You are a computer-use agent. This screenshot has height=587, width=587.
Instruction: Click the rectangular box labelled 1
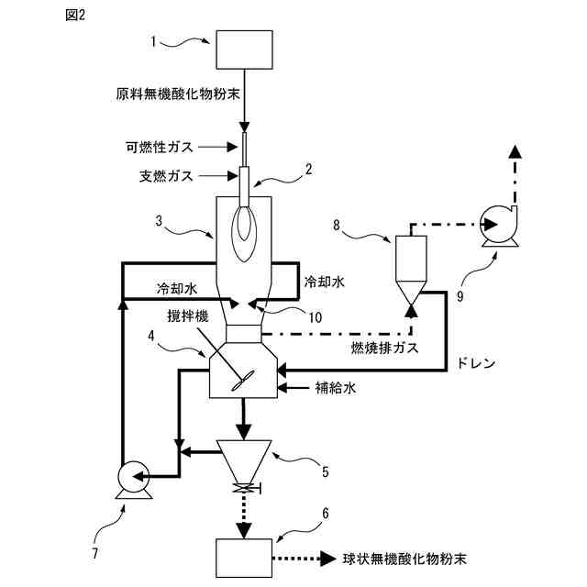click(243, 49)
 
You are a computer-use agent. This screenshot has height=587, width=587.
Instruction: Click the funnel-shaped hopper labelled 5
click(243, 456)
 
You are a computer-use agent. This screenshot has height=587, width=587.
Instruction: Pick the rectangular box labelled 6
click(243, 557)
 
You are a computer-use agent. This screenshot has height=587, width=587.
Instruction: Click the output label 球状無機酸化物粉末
click(404, 557)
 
